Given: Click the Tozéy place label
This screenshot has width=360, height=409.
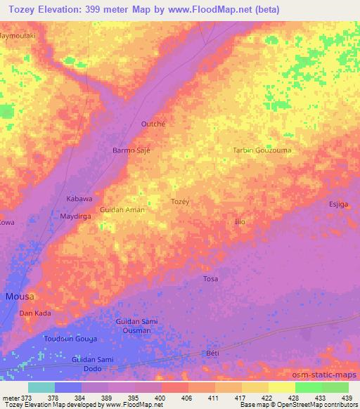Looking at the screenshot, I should point(181,201).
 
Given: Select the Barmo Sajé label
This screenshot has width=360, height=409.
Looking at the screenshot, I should point(131,150).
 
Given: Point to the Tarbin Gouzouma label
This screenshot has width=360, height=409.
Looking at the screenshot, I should point(262,150).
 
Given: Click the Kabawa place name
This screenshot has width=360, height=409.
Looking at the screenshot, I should point(79,199).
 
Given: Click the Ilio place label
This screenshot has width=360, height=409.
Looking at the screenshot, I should point(239,221).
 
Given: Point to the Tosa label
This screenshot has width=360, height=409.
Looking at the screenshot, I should point(210,279).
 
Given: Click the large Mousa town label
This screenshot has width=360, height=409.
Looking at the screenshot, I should point(20,297).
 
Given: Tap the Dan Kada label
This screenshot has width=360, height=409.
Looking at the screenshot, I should point(35,313).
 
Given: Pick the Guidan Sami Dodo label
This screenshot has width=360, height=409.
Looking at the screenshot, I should point(93,363).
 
